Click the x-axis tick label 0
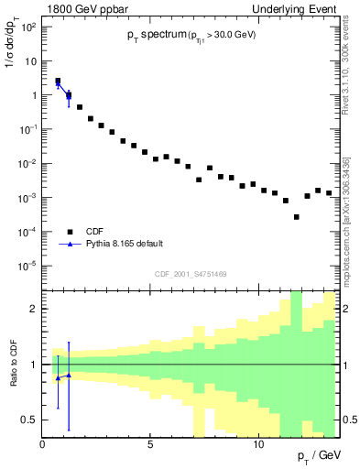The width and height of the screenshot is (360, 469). pyautogui.click(x=43, y=445)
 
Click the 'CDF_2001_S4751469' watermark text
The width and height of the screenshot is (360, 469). pyautogui.click(x=191, y=274)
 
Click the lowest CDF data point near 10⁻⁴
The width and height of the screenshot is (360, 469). pyautogui.click(x=296, y=217)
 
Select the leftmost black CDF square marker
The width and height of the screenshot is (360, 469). pyautogui.click(x=58, y=82)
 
